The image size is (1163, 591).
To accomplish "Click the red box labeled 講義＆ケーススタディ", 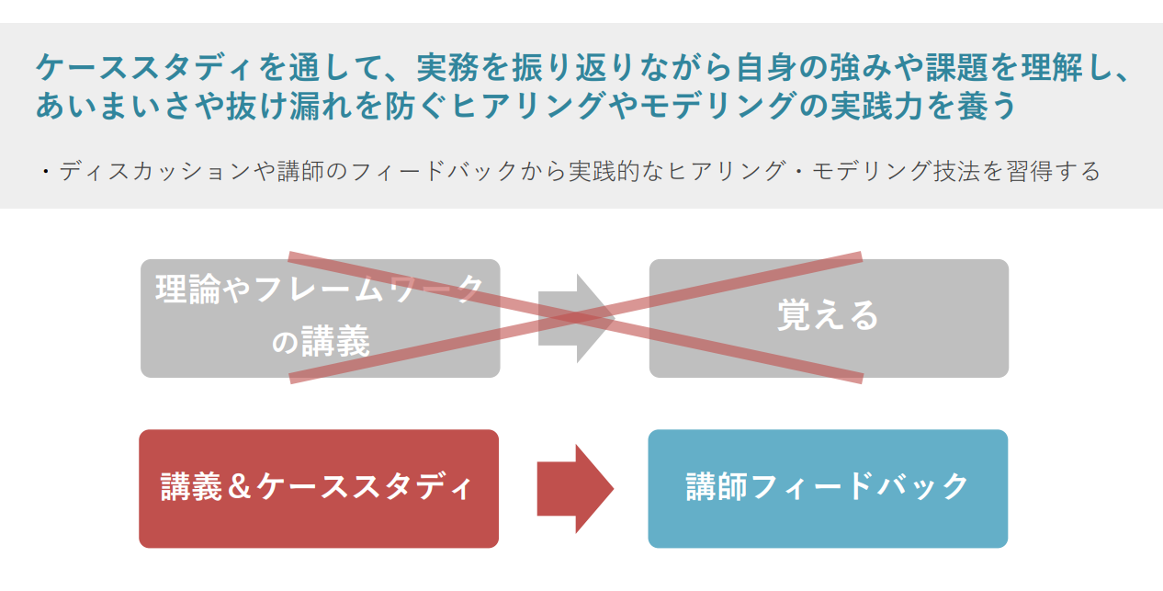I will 319,488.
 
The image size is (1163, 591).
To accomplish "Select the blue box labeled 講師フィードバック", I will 828,488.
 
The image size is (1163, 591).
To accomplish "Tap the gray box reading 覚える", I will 828,318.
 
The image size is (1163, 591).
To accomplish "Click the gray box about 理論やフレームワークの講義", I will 320,318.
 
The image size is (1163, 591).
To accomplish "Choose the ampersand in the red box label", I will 240,488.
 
